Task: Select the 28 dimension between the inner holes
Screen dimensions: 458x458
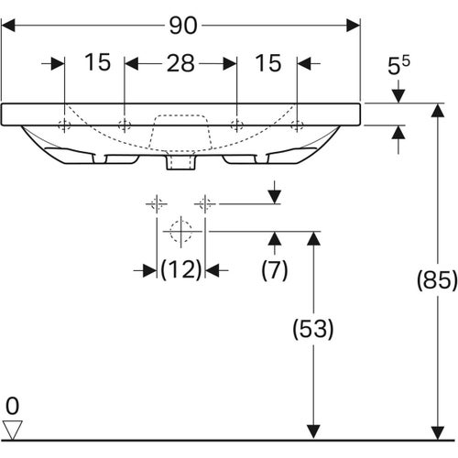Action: coord(180,63)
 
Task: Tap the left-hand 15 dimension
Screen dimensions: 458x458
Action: coord(97,63)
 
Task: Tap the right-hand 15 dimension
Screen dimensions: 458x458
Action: coord(268,63)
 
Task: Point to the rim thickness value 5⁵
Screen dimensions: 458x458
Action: coord(398,67)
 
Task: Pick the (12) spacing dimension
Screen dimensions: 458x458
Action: coord(180,270)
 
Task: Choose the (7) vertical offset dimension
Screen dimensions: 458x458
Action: coord(274,270)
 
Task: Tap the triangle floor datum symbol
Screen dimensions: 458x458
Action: coord(13,427)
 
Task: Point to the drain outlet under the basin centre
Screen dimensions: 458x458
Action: coord(180,163)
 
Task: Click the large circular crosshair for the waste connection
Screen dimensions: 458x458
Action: coord(181,232)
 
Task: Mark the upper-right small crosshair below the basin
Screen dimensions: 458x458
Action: coord(205,202)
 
